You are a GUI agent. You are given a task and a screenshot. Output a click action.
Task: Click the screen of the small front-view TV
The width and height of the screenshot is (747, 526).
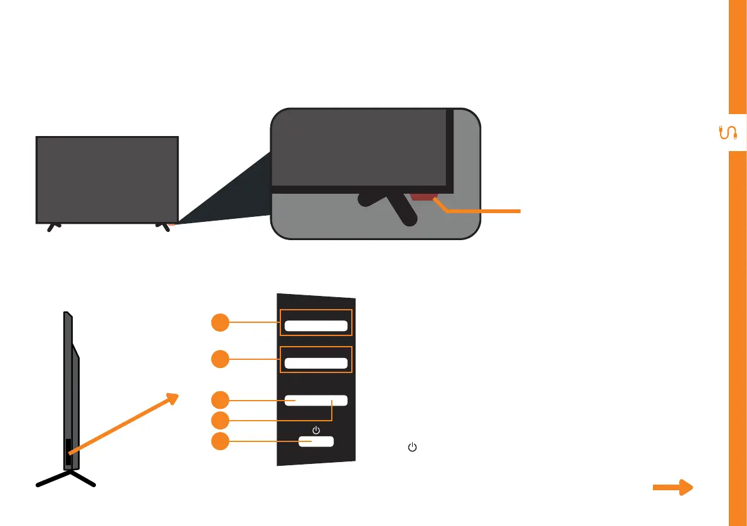pyautogui.click(x=107, y=179)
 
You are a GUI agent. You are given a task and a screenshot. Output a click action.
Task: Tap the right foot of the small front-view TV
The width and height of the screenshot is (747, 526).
pyautogui.click(x=166, y=228)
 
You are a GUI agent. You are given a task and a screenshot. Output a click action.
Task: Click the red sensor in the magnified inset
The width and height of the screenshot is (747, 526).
pyautogui.click(x=422, y=197)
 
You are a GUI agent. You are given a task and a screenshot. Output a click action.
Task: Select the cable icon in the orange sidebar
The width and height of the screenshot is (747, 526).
pyautogui.click(x=728, y=133)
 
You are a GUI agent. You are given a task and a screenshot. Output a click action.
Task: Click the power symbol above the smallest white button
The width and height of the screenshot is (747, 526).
pyautogui.click(x=315, y=430)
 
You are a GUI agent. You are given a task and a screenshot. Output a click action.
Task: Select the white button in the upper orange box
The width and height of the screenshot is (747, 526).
pyautogui.click(x=316, y=325)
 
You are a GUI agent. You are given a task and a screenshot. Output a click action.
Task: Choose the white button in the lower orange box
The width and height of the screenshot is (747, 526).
pyautogui.click(x=316, y=363)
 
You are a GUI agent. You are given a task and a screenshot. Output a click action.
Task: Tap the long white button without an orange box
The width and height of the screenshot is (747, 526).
pyautogui.click(x=316, y=401)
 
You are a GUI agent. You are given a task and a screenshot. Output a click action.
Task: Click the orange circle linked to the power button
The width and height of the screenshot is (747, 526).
pyautogui.click(x=220, y=441)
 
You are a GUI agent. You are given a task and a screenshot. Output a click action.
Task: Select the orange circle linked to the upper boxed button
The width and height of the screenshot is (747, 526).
pyautogui.click(x=220, y=323)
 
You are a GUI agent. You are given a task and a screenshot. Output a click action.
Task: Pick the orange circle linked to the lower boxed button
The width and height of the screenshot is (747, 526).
pyautogui.click(x=220, y=359)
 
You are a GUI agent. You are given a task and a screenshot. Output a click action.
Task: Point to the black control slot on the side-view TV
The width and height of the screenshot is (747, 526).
pyautogui.click(x=68, y=451)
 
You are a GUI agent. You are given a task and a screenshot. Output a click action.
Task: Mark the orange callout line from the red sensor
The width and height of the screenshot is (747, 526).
pyautogui.click(x=483, y=212)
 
